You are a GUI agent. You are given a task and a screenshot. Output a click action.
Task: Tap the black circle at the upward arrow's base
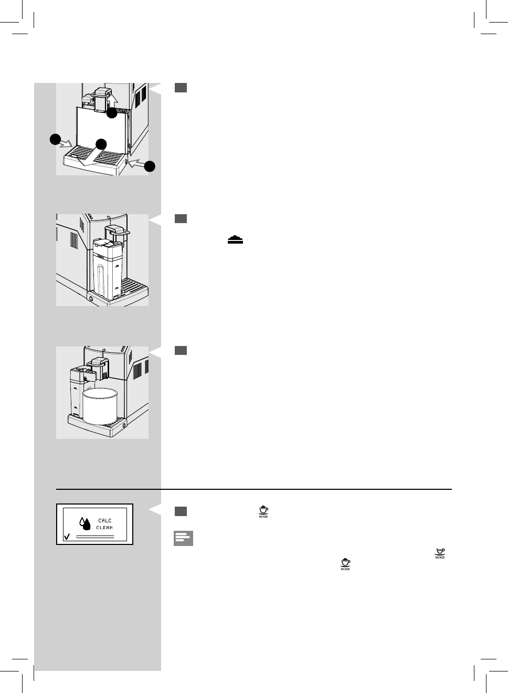coord(112,112)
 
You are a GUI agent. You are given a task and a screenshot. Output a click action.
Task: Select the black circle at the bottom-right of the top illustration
coord(150,166)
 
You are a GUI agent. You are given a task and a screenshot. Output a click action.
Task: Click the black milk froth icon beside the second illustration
coord(236,239)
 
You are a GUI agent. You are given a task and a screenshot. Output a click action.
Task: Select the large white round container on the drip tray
coord(100,405)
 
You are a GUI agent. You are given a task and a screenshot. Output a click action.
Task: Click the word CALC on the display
coord(104,521)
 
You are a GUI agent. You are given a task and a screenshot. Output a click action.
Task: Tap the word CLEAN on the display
coord(104,528)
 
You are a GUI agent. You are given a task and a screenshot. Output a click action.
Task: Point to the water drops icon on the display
coord(84,523)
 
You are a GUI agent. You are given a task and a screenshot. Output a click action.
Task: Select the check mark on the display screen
coord(66,537)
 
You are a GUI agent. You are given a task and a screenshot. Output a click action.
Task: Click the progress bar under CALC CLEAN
coord(95,537)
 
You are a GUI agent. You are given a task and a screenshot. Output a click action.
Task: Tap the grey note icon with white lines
coord(183,539)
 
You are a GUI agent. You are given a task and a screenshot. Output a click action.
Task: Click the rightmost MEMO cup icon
coord(440,553)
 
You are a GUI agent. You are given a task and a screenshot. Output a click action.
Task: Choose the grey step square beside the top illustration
coord(181,88)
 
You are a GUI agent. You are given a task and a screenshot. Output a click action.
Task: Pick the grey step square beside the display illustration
coord(181,511)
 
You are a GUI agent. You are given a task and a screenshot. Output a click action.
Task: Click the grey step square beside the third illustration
coord(181,351)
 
